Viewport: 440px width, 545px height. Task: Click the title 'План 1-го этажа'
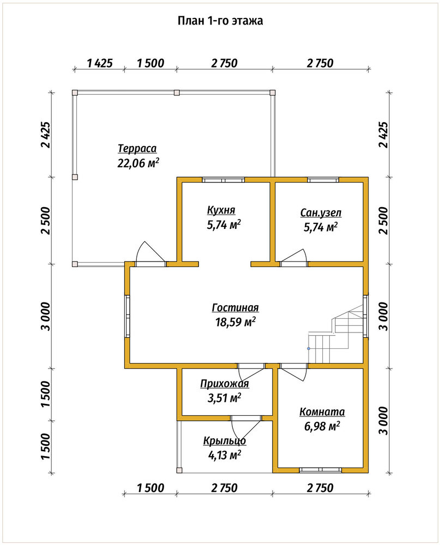[220, 21]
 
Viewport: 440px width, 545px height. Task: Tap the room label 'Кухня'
[221, 210]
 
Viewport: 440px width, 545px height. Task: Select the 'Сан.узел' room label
[321, 213]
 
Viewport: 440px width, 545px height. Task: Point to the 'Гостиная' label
[235, 307]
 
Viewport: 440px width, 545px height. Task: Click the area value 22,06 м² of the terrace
[138, 162]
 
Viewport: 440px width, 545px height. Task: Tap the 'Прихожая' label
[225, 384]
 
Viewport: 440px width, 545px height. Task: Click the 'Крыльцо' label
[225, 441]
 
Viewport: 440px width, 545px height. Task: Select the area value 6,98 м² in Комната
[322, 426]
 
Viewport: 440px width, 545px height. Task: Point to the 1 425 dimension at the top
[100, 63]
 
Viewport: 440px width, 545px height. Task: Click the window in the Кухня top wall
[224, 180]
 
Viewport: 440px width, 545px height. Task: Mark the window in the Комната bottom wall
[321, 470]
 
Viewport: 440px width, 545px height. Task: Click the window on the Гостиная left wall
[128, 316]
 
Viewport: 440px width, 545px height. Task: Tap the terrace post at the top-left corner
[75, 93]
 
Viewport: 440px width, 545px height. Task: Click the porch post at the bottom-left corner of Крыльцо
[179, 470]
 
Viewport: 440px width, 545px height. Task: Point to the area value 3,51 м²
[225, 398]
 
